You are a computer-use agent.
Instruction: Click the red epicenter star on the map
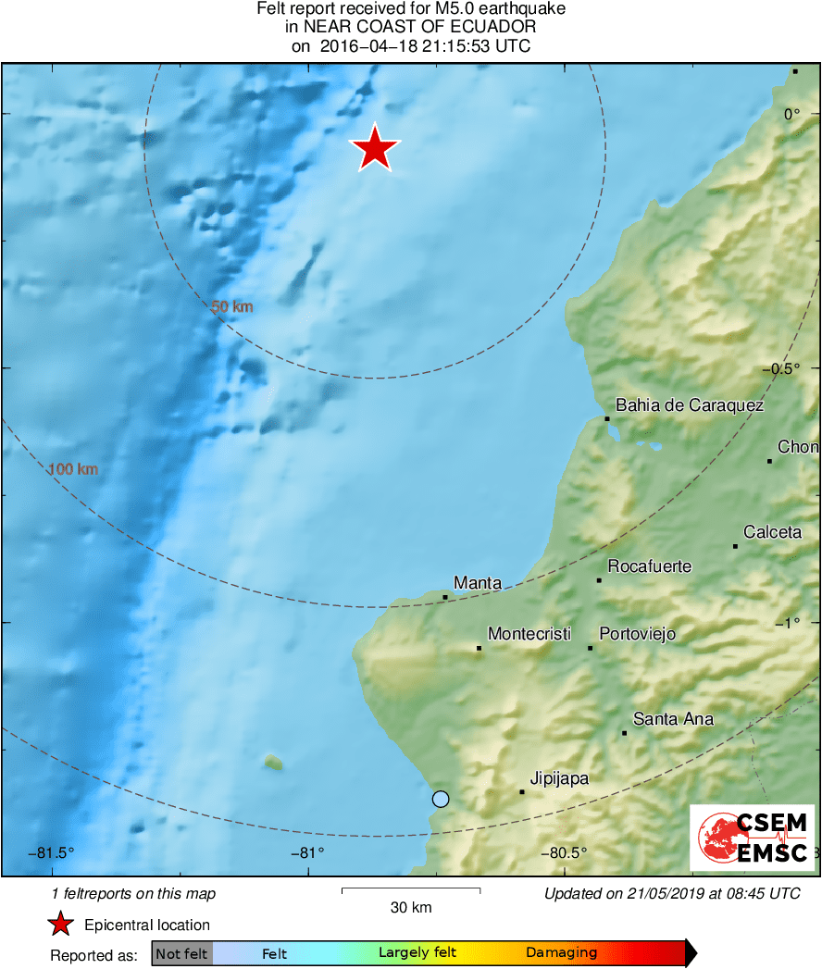pos(375,149)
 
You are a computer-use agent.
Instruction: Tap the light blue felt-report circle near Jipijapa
pos(441,799)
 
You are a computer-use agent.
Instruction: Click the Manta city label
pos(478,583)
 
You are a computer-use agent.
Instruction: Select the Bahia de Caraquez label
pos(690,405)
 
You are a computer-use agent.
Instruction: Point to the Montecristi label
pos(529,634)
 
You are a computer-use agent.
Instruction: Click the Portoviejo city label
pos(638,634)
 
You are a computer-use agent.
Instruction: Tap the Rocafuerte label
pos(649,566)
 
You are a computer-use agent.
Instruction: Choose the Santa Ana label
pos(673,719)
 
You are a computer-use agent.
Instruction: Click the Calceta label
pos(773,532)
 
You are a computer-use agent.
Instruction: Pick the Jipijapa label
pos(559,778)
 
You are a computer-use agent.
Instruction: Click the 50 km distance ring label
pos(232,306)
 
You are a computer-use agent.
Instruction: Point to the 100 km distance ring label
pos(72,469)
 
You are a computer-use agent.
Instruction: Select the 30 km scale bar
pos(411,890)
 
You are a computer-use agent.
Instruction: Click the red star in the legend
pos(61,924)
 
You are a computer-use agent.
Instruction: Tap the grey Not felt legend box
pos(181,953)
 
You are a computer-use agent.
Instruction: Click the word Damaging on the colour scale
pos(562,953)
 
